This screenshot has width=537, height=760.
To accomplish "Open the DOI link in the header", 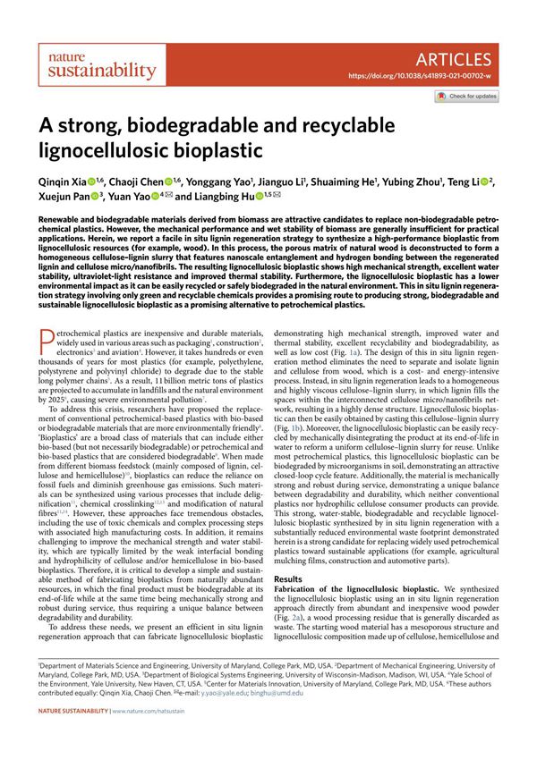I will click(418, 77).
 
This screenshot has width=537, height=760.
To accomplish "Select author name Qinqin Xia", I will click(63, 181).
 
